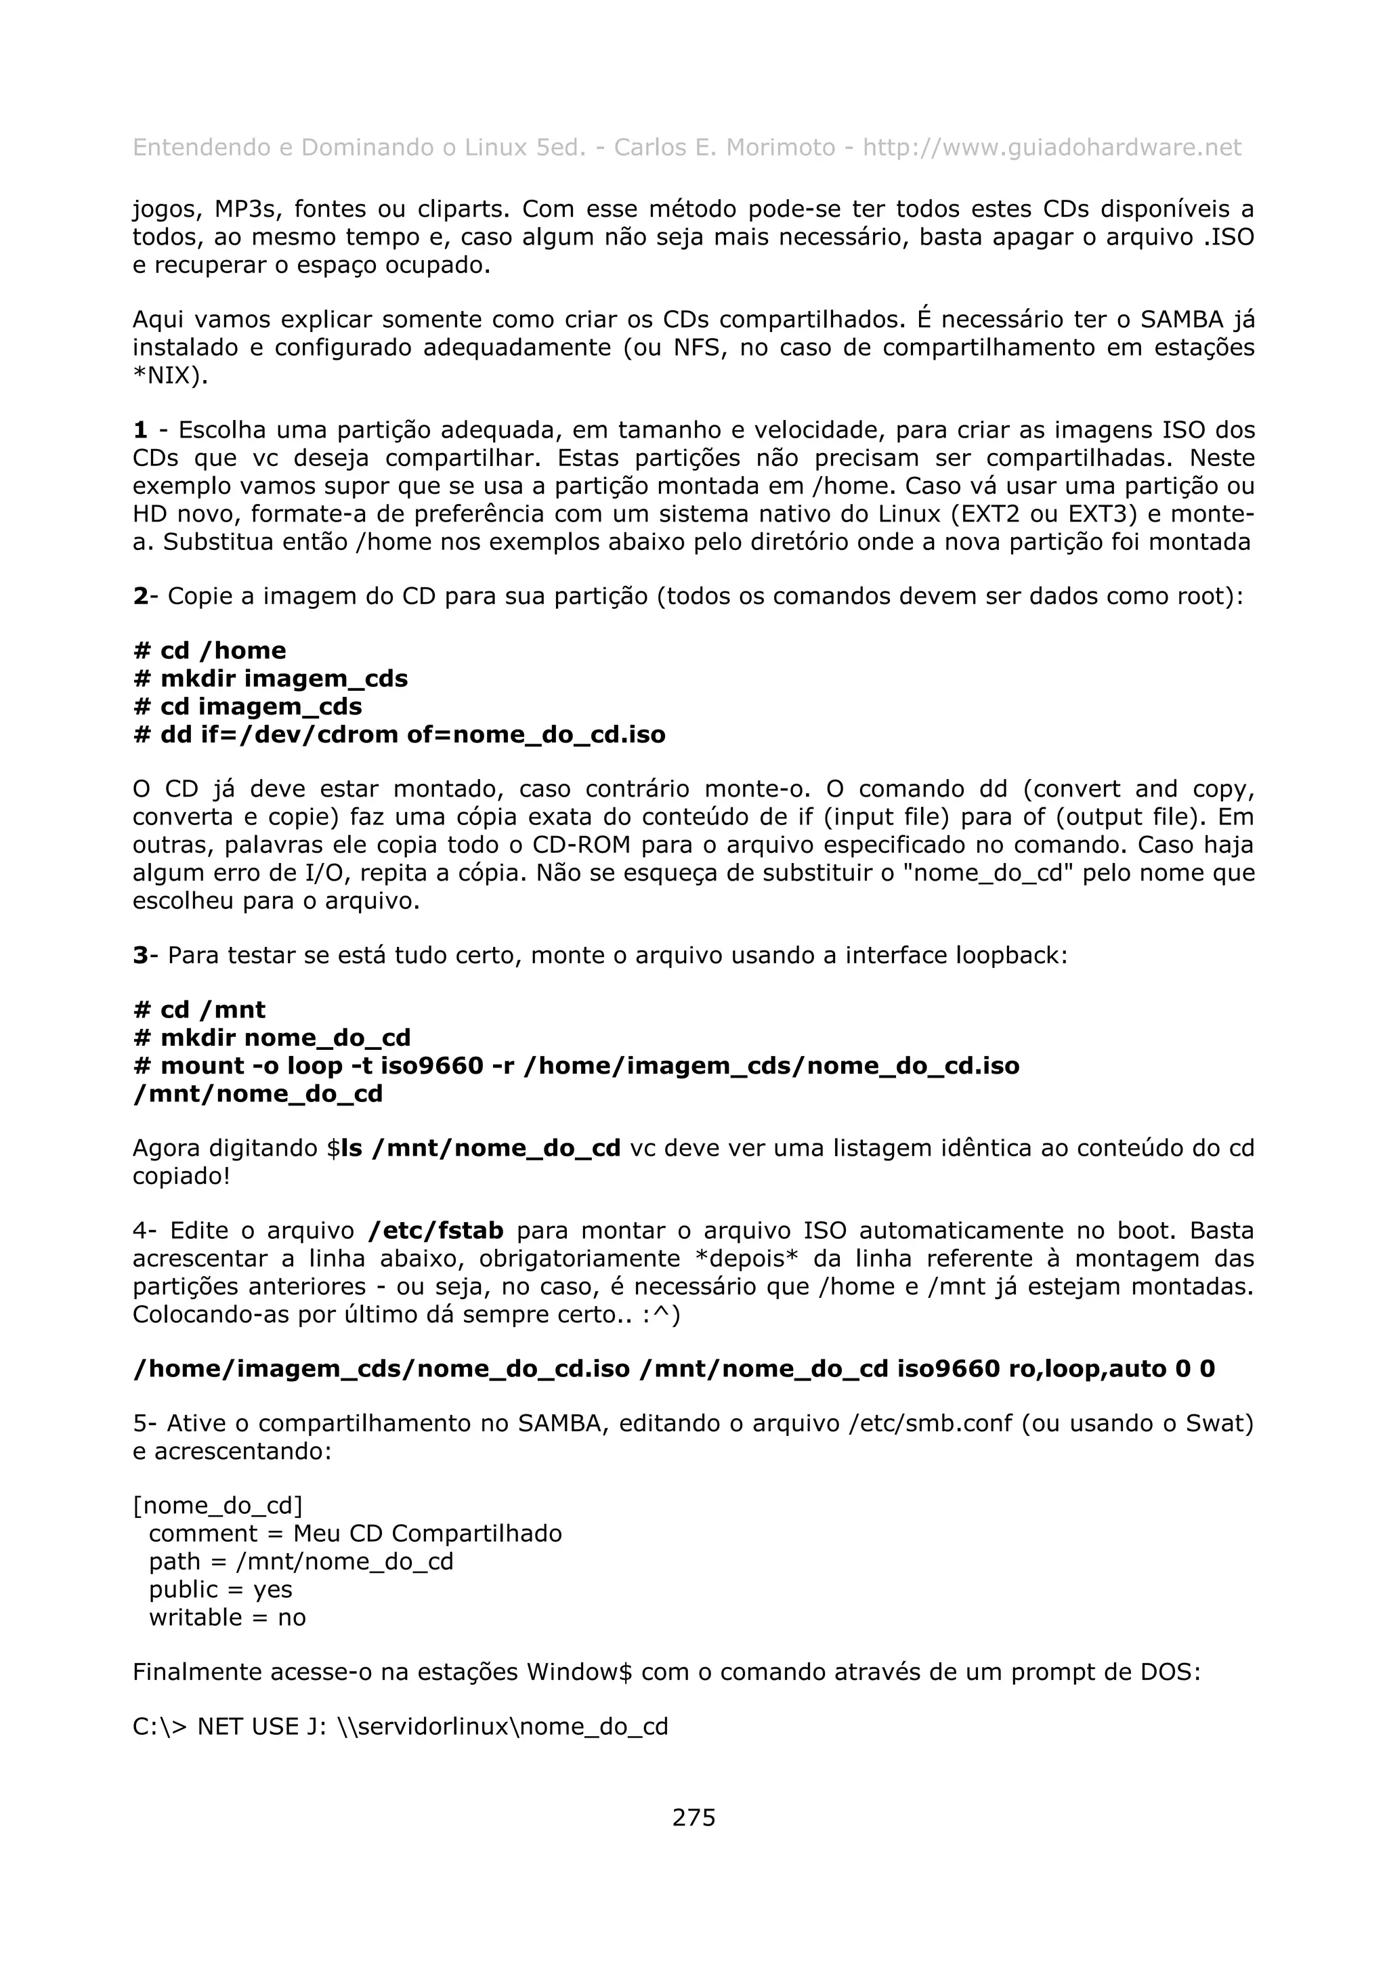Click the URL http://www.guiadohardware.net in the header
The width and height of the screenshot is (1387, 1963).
[1051, 148]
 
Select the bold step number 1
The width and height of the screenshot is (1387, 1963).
[140, 430]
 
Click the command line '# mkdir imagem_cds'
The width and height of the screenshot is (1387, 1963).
[271, 678]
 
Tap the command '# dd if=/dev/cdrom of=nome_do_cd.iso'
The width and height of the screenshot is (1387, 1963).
[399, 734]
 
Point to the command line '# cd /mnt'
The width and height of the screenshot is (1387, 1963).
[199, 1010]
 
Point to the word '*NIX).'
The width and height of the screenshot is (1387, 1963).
[170, 375]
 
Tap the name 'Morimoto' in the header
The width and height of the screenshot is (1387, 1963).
[780, 148]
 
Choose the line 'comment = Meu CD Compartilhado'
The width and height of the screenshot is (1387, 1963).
[355, 1533]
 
